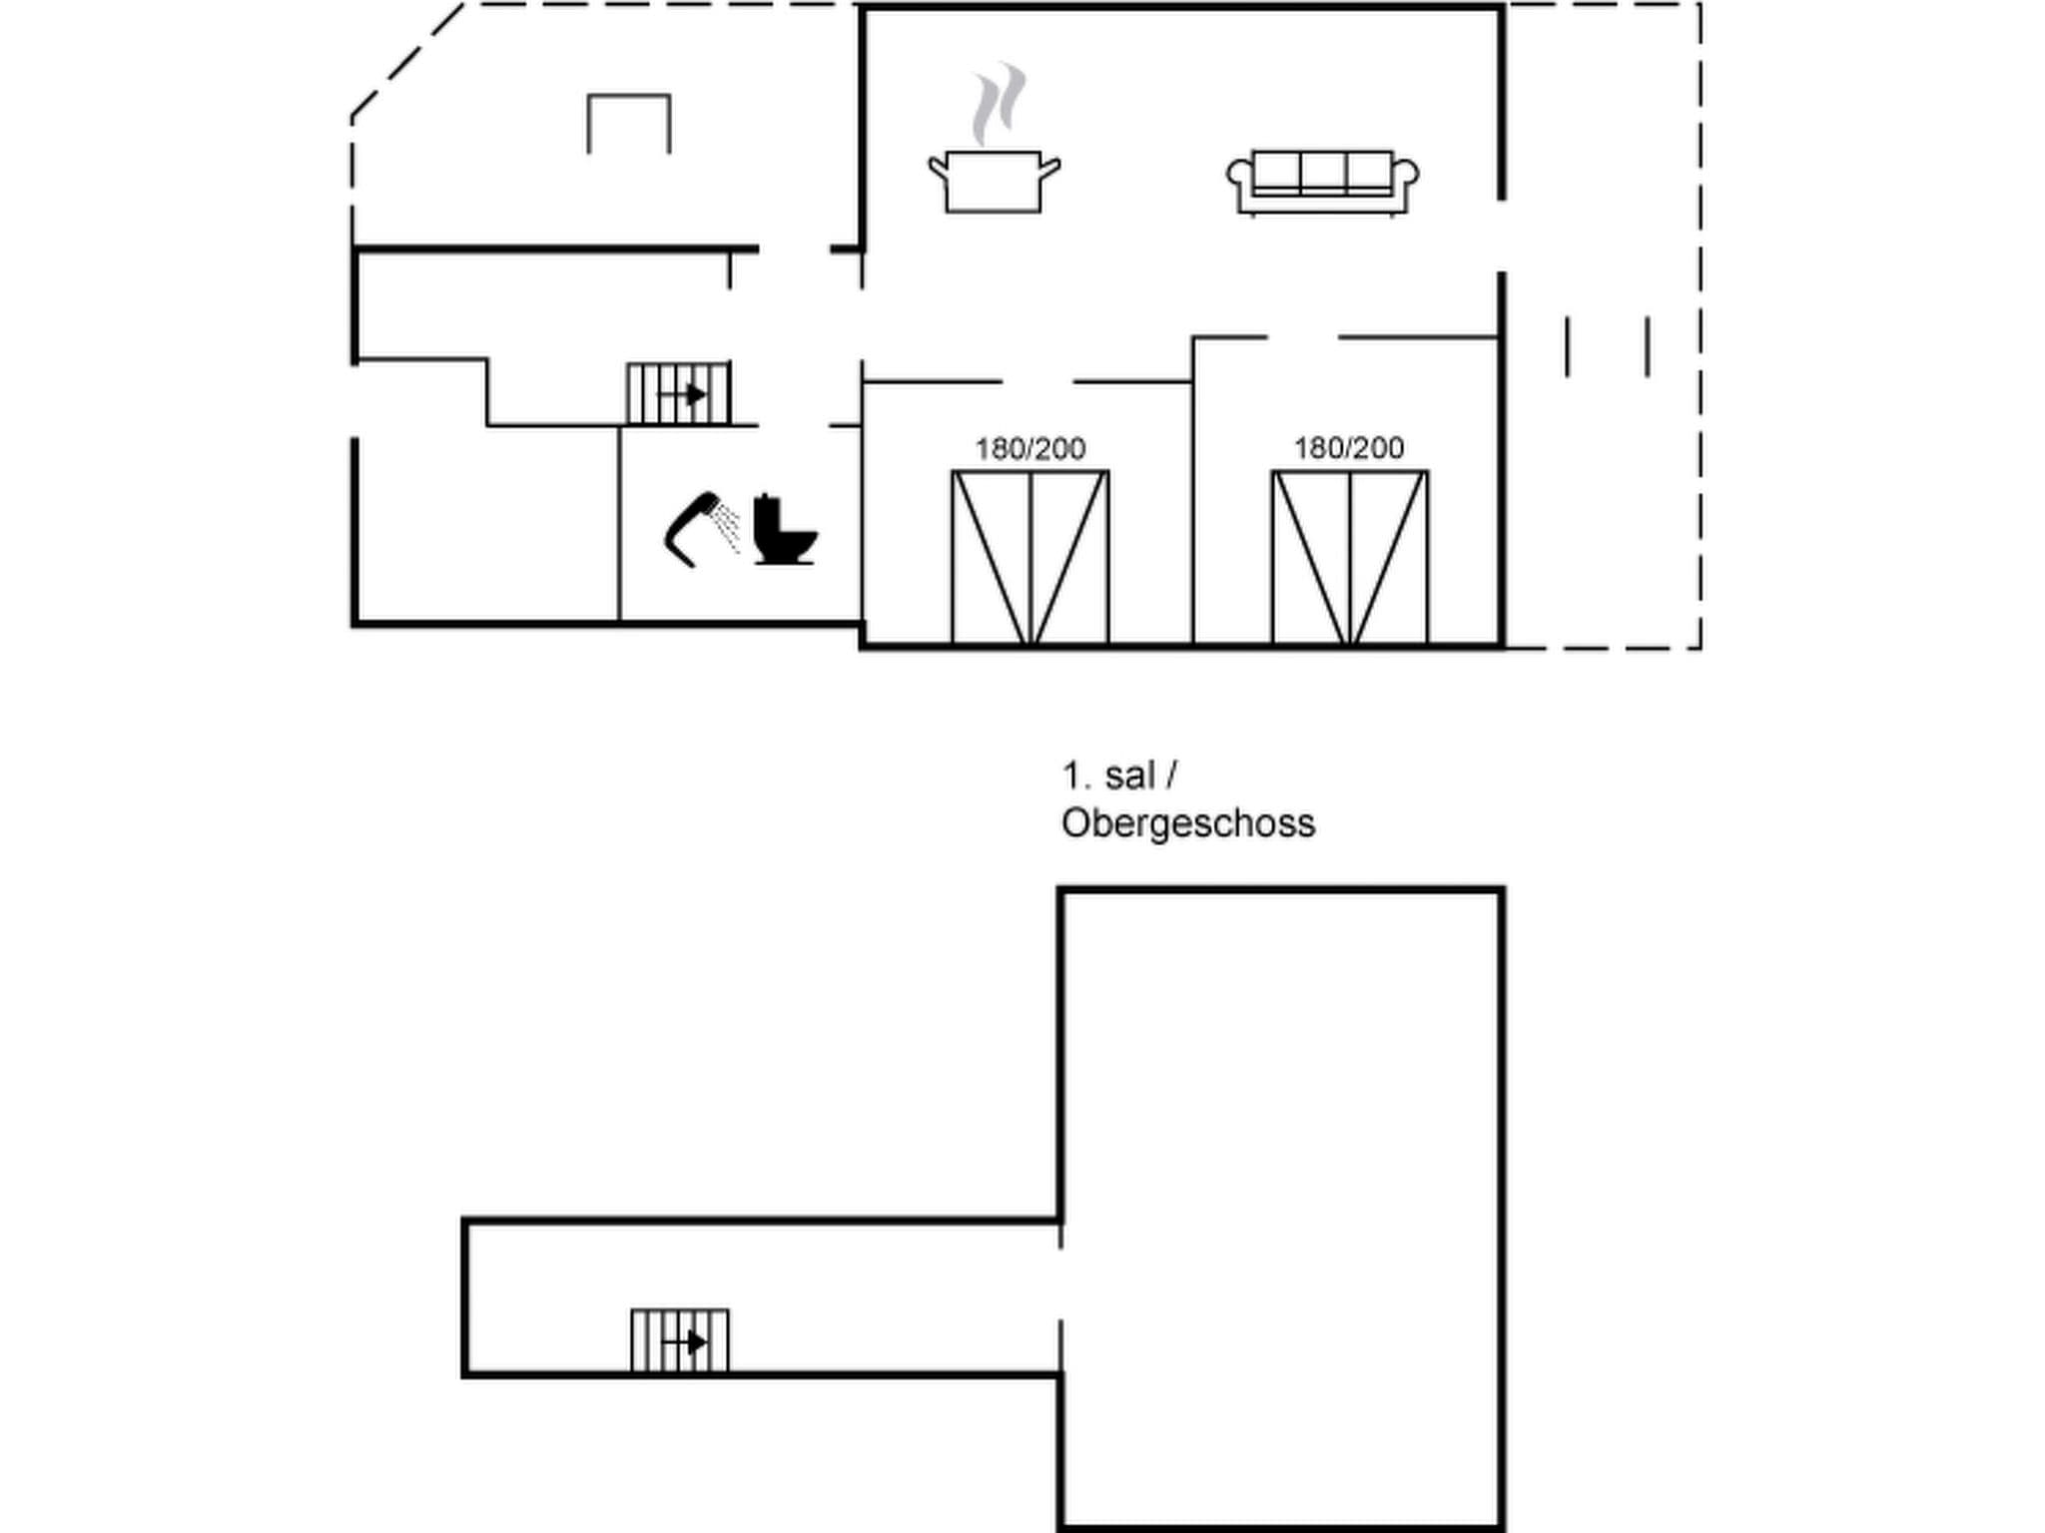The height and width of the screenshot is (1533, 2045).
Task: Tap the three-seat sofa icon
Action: tap(1322, 182)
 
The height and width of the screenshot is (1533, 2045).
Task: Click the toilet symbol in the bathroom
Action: tap(785, 530)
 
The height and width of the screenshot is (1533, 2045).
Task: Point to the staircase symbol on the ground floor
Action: tap(679, 394)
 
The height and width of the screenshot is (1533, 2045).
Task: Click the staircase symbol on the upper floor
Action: tap(680, 1342)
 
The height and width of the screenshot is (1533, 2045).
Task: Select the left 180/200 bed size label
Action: tap(1029, 449)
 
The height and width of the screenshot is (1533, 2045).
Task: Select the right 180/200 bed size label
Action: tap(1349, 448)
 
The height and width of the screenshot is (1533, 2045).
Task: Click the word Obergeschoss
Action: tap(1187, 824)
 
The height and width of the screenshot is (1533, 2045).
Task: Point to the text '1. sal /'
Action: tap(1119, 775)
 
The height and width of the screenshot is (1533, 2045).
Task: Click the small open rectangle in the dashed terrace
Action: tap(628, 122)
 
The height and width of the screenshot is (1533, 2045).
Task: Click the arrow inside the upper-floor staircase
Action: tap(689, 1343)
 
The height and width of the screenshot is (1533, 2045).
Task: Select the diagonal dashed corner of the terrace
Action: tap(407, 60)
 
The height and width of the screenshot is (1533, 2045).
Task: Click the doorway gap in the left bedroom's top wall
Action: tap(1036, 381)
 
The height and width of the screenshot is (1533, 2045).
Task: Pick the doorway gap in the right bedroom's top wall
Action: tap(1302, 337)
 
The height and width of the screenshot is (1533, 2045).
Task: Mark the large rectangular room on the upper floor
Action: tap(1281, 1208)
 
